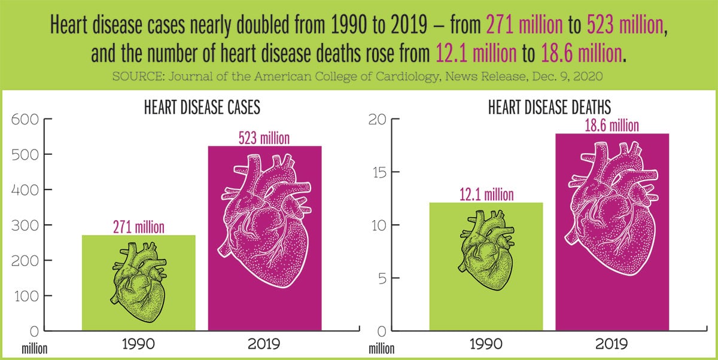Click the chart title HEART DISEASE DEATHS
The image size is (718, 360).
coord(549,108)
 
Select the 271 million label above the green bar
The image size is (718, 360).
coord(138,227)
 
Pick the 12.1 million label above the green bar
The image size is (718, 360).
coord(487,195)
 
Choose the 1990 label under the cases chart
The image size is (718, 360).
coord(138,344)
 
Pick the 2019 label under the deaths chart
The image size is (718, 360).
coord(612,344)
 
